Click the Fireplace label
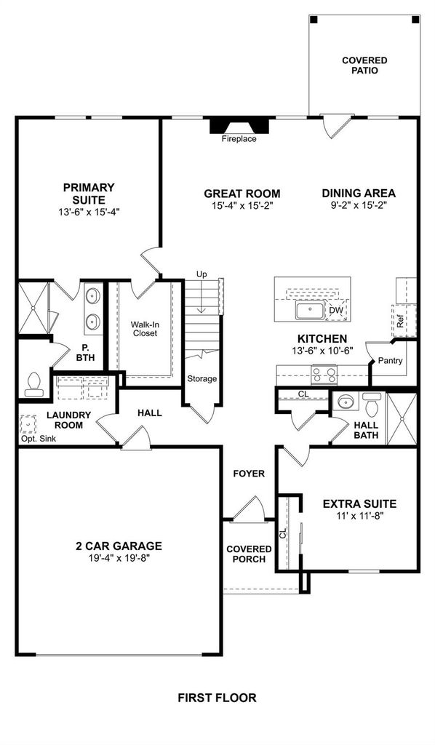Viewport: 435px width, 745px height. pos(239,139)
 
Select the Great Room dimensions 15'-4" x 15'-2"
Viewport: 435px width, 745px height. pos(242,205)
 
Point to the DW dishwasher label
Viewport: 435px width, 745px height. pos(336,310)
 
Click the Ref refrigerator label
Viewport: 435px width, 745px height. pos(400,322)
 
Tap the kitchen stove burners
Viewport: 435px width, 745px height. pos(324,375)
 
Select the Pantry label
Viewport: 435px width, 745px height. pos(391,361)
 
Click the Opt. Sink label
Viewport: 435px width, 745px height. pos(39,439)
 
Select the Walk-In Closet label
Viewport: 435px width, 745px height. pos(145,329)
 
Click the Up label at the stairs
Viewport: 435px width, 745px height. pos(201,274)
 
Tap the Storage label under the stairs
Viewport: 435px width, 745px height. pos(201,378)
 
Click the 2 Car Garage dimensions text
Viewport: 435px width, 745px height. pos(119,558)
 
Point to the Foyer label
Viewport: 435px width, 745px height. pos(249,474)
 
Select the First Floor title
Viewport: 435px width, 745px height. pos(217,698)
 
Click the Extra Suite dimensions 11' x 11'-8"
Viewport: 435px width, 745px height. pos(359,516)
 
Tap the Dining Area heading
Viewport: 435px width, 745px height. pos(359,194)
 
